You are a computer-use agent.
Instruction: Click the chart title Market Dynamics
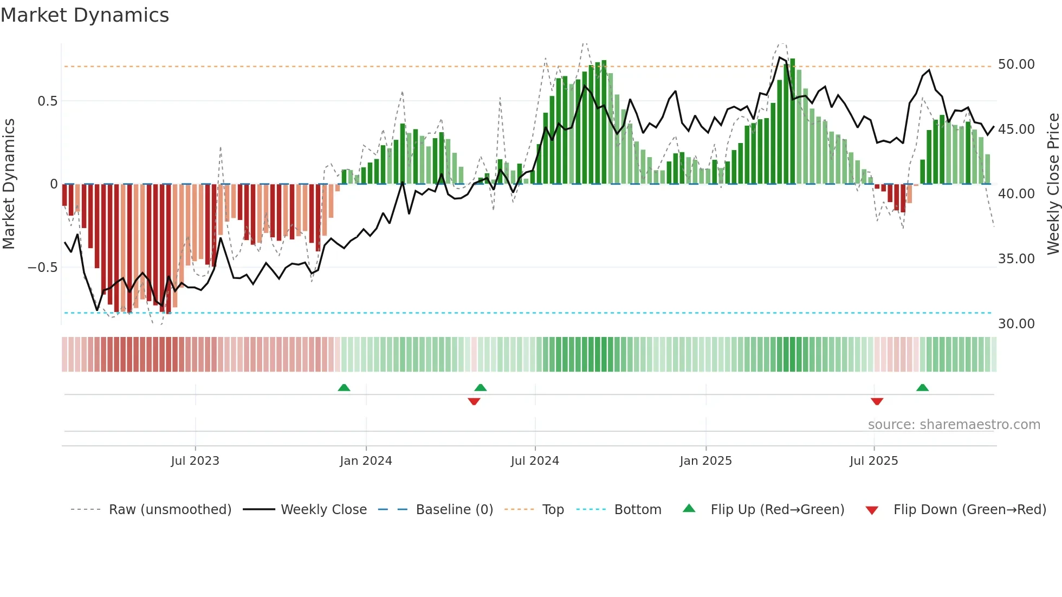pos(85,15)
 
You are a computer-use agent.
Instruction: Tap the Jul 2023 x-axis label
pos(195,461)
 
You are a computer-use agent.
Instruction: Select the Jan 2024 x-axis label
pos(366,461)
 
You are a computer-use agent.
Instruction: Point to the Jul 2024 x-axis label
pos(535,461)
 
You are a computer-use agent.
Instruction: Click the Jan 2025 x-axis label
pos(705,461)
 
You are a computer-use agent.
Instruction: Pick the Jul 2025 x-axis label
pos(873,461)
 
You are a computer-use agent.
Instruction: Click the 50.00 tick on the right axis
pos(1016,64)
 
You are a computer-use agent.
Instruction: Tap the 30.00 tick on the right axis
pos(1016,324)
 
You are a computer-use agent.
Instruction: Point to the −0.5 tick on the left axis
pos(42,268)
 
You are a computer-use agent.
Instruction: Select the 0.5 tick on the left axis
pos(47,101)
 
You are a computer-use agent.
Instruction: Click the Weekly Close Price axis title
pos(1053,184)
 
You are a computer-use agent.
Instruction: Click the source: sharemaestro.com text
pos(954,425)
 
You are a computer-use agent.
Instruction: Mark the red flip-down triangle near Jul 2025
pos(877,401)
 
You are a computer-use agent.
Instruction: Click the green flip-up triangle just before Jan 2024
pos(344,387)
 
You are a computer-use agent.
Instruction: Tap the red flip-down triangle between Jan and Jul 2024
pos(474,401)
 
